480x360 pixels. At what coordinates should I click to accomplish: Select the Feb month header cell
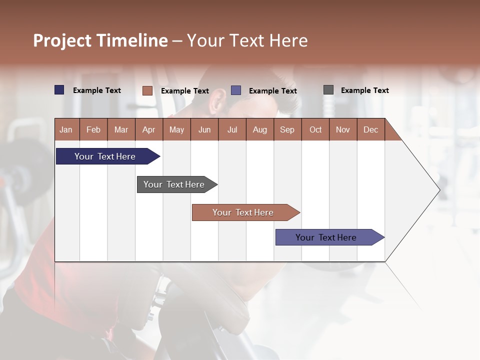(93, 129)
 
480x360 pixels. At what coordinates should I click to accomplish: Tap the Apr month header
(149, 129)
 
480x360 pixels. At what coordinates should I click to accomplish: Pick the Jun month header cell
(204, 129)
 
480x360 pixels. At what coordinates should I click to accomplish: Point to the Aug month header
(260, 129)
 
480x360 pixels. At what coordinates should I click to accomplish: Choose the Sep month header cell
(287, 129)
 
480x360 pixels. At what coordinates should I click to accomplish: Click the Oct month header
(315, 129)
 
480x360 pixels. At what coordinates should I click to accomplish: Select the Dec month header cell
(371, 129)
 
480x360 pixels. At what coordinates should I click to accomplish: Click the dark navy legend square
(59, 90)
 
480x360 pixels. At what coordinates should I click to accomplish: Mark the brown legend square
(147, 90)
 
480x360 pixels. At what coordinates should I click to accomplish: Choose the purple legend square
(236, 90)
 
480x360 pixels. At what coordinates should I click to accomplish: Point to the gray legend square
(328, 90)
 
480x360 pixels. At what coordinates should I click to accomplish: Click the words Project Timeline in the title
(100, 40)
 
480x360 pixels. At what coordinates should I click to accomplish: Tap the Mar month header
(121, 129)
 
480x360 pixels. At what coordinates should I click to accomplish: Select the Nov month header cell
(343, 129)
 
